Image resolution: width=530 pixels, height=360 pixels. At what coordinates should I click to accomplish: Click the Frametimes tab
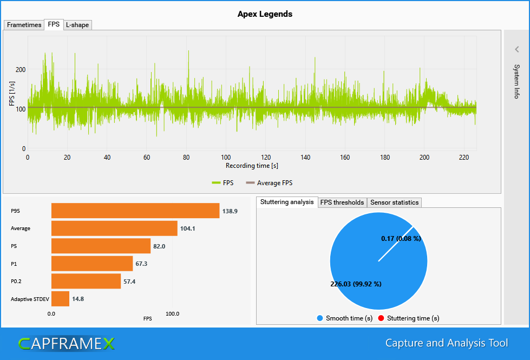24,25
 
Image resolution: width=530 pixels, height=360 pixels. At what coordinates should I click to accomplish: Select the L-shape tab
77,25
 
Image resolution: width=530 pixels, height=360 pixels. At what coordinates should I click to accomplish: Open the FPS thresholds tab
342,202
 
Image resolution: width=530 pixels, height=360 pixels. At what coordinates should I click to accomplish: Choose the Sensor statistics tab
394,202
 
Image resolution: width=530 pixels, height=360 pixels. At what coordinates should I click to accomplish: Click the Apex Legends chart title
265,14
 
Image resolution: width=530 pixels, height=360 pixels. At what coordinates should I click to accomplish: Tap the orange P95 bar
135,211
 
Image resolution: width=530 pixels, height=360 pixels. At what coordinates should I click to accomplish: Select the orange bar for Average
114,228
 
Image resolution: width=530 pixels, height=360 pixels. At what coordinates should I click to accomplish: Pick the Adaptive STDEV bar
60,299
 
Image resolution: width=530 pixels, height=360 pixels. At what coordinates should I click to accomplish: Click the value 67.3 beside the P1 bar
141,264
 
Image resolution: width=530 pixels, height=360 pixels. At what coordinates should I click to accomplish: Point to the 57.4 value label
129,282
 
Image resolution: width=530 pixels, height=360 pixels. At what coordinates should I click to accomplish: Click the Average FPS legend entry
269,183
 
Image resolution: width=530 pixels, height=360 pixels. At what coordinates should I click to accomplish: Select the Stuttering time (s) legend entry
409,318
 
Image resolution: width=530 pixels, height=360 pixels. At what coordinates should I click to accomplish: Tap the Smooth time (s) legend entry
345,318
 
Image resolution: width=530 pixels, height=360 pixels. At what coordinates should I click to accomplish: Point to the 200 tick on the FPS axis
21,70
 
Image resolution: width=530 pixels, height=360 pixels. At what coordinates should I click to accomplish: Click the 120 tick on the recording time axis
266,157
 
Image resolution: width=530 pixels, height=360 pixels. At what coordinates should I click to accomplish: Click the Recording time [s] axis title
252,166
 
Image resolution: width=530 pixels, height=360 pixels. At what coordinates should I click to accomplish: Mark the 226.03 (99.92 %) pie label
356,284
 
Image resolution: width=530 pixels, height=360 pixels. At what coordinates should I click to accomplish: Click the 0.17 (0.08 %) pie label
401,239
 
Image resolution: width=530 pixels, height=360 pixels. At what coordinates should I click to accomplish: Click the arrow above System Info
517,49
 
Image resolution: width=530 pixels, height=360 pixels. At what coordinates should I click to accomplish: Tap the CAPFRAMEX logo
66,343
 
